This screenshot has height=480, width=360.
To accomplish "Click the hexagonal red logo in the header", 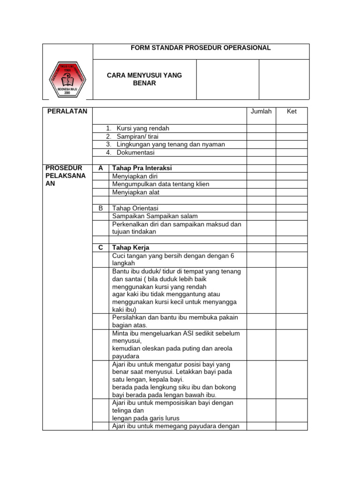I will (67, 79).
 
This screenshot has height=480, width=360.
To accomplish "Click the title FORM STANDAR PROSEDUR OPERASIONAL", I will (201, 48).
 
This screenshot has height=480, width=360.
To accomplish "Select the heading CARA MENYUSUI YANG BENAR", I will (144, 79).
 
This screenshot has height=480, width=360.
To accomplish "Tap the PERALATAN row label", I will (67, 111).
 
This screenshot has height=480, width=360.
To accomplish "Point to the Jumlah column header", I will (261, 112).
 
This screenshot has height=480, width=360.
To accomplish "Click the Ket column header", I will (292, 112).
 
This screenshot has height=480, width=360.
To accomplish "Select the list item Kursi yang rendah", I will (142, 128).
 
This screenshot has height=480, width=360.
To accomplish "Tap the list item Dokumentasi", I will (135, 152).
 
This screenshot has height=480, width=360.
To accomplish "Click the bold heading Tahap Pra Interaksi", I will (142, 168).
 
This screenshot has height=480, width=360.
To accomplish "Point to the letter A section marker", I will (100, 168).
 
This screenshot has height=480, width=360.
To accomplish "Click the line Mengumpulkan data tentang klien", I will (161, 184).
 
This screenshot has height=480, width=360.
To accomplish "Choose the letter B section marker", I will (100, 208).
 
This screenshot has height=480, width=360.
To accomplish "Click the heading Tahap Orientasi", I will (135, 208).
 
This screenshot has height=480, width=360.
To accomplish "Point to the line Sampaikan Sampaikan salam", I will (155, 216).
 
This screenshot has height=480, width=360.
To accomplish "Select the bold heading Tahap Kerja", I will (131, 247).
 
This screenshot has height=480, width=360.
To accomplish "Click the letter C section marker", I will (100, 247).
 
